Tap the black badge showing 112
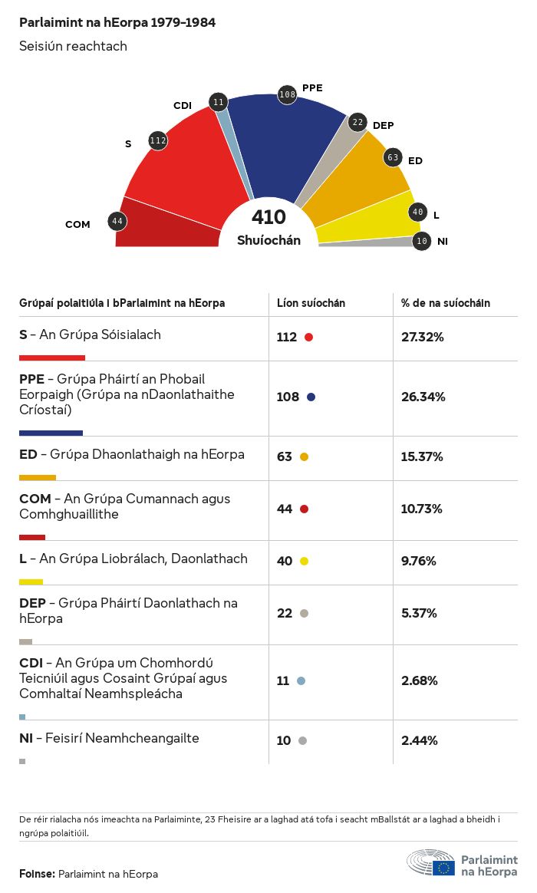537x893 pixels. coord(158,140)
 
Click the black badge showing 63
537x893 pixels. coord(393,158)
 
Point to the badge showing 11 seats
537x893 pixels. coord(219,102)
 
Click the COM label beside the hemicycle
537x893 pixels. coord(77,225)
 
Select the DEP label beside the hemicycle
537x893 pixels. coord(383,125)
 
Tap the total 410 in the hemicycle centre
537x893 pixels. coord(268,218)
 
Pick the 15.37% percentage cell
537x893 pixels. coord(422,457)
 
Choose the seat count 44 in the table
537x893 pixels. coord(285,509)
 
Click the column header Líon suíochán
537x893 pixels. coord(311,303)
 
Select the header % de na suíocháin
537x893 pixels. coord(445,303)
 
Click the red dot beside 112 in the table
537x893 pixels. coord(308,338)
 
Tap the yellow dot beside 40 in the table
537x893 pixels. coord(304,562)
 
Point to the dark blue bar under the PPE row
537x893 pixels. coord(51,433)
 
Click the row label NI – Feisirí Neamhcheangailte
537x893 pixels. coord(109,739)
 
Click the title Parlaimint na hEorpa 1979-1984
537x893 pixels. coord(117,23)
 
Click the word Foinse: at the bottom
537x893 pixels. coord(37,874)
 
